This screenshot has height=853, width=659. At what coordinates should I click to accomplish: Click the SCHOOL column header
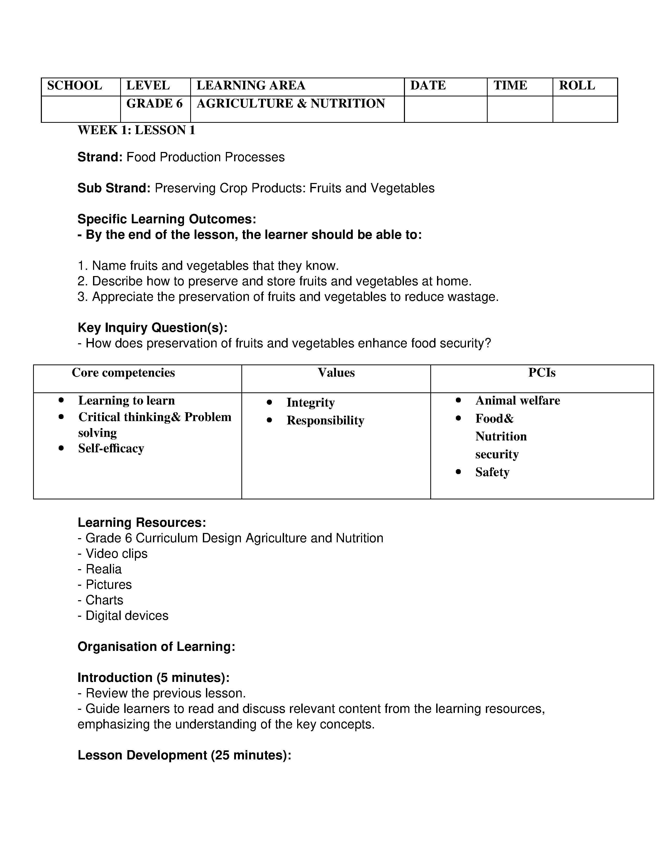pos(75,86)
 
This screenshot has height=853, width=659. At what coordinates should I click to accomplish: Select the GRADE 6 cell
pos(154,103)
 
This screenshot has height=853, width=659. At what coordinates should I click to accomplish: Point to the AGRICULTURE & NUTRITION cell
pos(290,103)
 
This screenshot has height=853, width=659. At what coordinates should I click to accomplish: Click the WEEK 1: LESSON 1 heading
pos(136,130)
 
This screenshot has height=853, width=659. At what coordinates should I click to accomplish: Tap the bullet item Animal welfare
pos(517,401)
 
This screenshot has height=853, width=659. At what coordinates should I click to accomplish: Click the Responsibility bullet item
pos(325,421)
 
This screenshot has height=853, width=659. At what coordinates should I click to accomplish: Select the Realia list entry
pos(103,569)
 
